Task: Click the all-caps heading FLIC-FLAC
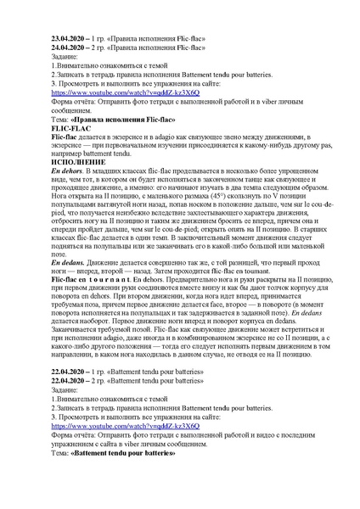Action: (x=74, y=127)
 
